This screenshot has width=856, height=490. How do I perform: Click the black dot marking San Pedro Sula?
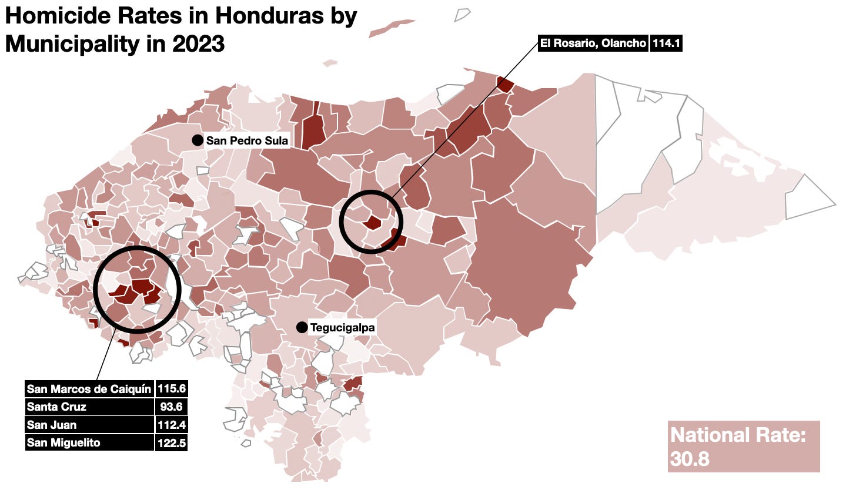(x=198, y=140)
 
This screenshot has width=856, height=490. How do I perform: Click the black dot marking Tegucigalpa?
(x=302, y=327)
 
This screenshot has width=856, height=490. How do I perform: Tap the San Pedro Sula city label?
(x=246, y=141)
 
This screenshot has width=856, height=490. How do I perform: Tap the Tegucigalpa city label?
(x=342, y=327)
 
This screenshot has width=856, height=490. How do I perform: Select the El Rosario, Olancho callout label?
(x=593, y=43)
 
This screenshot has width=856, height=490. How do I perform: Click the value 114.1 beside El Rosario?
(x=666, y=43)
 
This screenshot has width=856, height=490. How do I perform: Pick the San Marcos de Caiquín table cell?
(x=89, y=389)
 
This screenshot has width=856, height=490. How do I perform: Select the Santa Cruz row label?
(x=56, y=407)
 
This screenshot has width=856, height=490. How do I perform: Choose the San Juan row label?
(x=52, y=425)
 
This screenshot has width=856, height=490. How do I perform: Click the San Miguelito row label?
(x=63, y=443)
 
